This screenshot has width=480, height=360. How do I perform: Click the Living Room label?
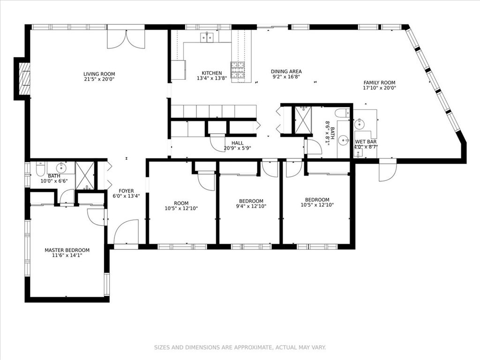click(x=99, y=74)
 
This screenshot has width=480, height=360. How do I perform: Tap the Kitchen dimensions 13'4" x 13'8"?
click(x=211, y=79)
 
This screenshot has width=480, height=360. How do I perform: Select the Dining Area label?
click(x=286, y=71)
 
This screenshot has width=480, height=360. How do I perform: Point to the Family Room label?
click(x=379, y=82)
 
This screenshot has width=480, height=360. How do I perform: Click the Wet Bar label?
click(x=366, y=142)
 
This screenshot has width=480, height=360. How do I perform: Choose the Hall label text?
click(x=238, y=143)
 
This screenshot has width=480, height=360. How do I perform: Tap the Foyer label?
click(x=126, y=191)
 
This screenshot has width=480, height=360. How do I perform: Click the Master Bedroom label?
click(x=67, y=250)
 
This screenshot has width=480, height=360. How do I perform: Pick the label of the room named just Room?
click(x=181, y=203)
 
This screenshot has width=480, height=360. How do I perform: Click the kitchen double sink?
click(x=207, y=37)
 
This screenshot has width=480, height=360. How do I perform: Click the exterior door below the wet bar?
click(x=388, y=171)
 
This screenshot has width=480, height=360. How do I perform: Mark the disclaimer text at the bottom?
click(x=240, y=347)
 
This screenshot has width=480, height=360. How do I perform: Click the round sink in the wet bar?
click(x=360, y=124)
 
